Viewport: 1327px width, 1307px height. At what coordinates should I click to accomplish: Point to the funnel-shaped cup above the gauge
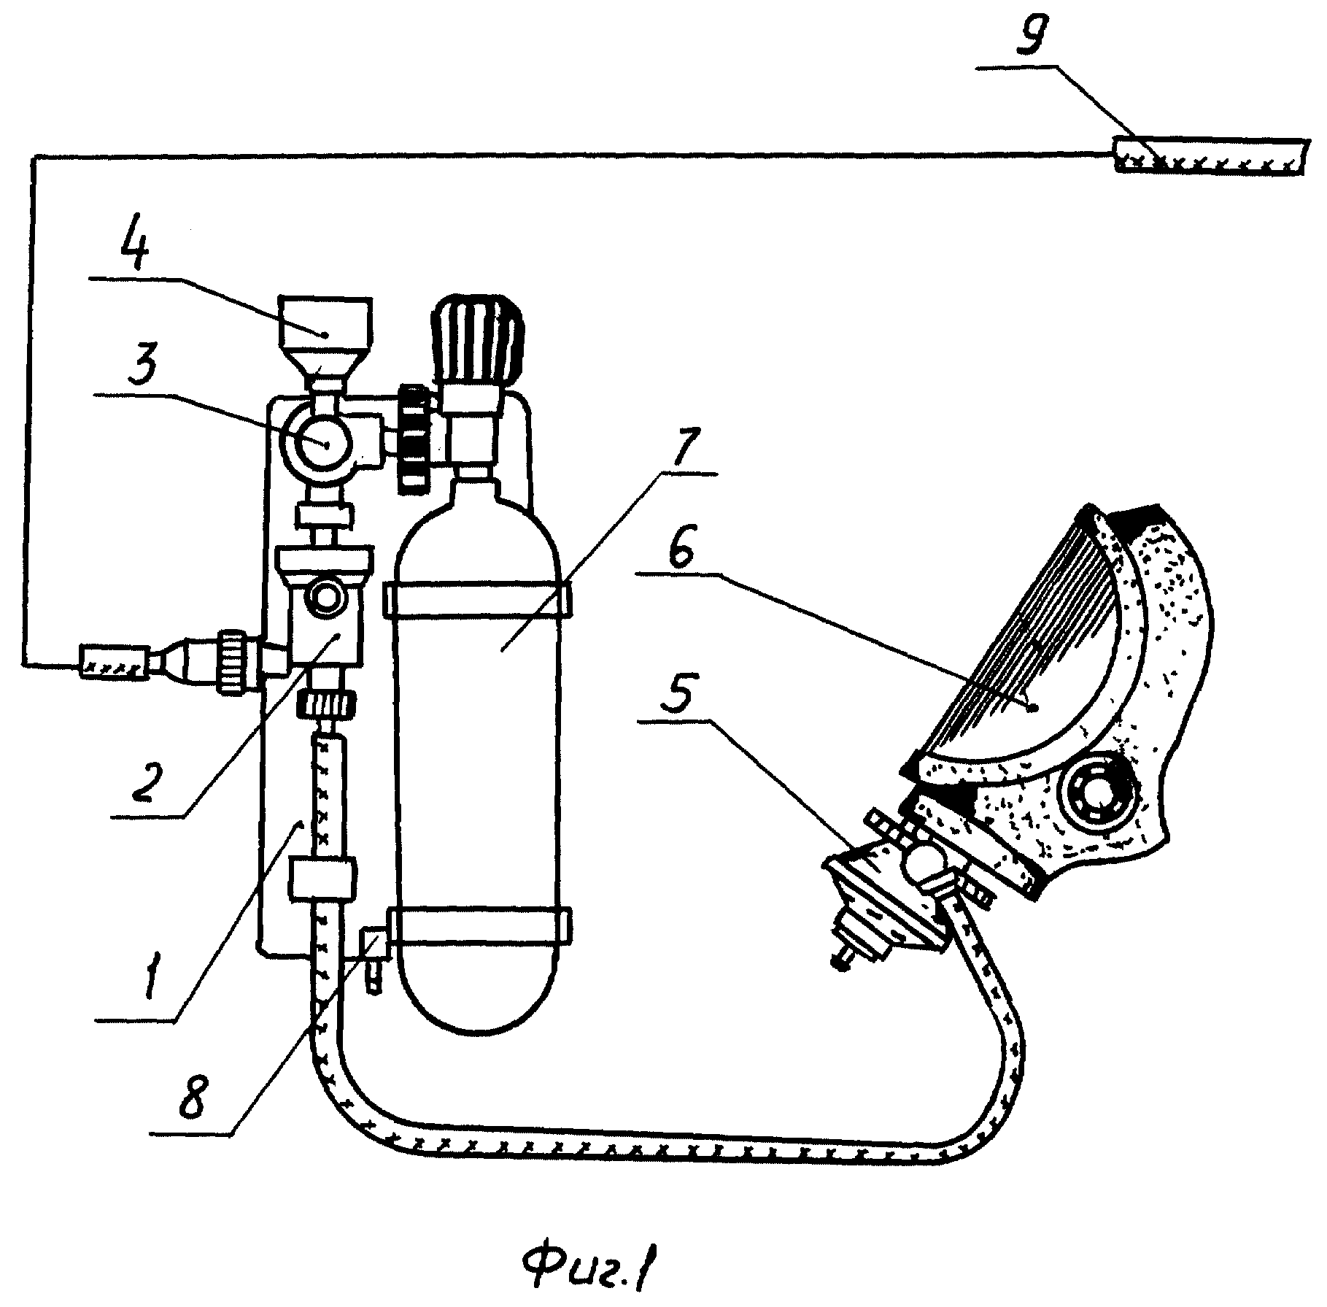click(326, 338)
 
